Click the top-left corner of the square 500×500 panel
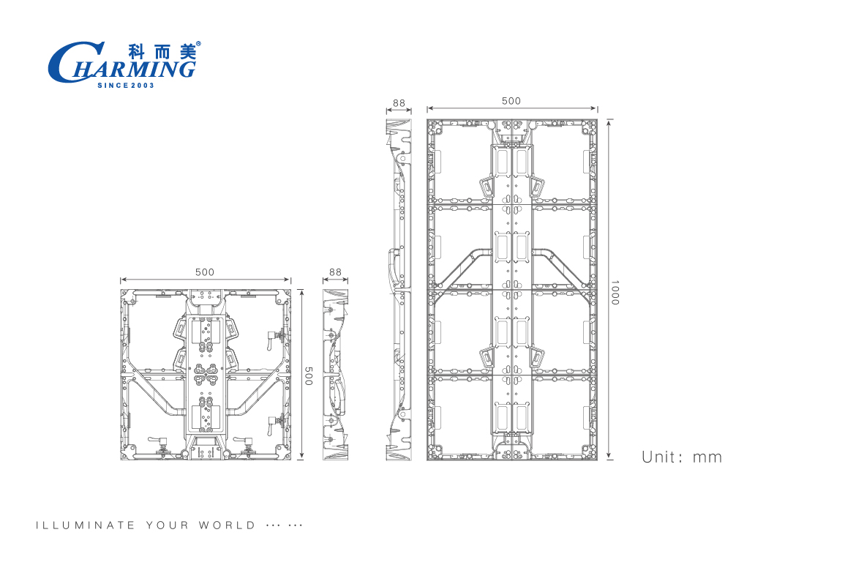pos(121,290)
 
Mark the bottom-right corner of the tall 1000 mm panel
pos(597,460)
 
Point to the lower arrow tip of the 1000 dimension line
pos(609,459)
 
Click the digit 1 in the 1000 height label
pos(615,282)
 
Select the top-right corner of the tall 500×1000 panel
pos(597,119)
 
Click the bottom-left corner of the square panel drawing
pos(121,460)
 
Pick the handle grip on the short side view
pos(340,392)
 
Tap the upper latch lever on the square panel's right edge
pos(274,338)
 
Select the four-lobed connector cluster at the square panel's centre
pos(206,375)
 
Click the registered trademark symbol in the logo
pos(198,44)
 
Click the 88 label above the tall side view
pos(399,102)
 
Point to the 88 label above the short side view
pos(335,272)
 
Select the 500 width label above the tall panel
pos(511,101)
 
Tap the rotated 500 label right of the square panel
pos(309,376)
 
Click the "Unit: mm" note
pos(682,457)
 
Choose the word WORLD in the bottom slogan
pos(227,525)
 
